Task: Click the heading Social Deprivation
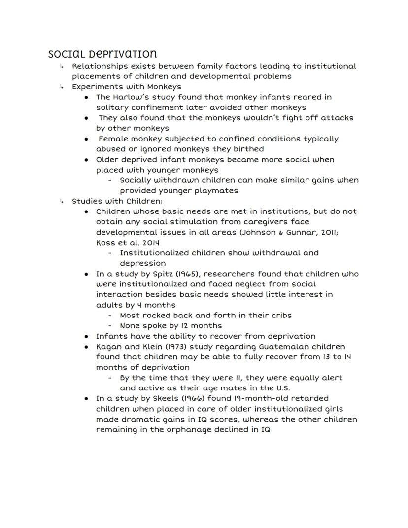(102, 54)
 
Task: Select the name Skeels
(158, 398)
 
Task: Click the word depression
(142, 263)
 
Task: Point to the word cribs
(279, 316)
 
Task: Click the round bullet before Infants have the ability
(86, 336)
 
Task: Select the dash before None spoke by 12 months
(110, 326)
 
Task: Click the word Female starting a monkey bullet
(113, 139)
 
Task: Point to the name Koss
(105, 243)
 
